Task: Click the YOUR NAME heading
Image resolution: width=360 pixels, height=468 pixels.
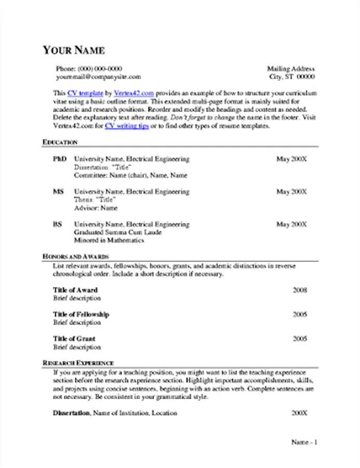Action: (x=73, y=50)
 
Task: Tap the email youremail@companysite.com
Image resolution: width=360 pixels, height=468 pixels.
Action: (x=98, y=76)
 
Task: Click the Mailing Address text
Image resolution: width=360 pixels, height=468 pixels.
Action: (x=290, y=69)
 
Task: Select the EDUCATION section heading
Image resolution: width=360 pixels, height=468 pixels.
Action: (x=60, y=142)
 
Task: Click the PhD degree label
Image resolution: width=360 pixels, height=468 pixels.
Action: (x=60, y=159)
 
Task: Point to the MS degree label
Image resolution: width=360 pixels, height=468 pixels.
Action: (x=58, y=192)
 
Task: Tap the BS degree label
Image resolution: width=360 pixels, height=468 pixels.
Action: (x=57, y=225)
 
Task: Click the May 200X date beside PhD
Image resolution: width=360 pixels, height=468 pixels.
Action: (x=291, y=159)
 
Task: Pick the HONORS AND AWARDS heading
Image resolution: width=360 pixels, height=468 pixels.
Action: (x=75, y=257)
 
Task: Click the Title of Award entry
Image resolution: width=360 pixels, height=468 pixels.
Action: (x=75, y=290)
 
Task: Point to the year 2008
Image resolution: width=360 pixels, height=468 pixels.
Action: (x=300, y=290)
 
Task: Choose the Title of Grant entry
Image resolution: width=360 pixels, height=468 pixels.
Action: (x=74, y=339)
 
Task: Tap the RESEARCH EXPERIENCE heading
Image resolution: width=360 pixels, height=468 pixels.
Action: (x=78, y=362)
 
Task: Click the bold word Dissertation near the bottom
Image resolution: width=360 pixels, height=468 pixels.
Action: (x=72, y=413)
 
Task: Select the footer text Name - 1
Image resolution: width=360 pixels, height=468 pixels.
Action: (x=304, y=443)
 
